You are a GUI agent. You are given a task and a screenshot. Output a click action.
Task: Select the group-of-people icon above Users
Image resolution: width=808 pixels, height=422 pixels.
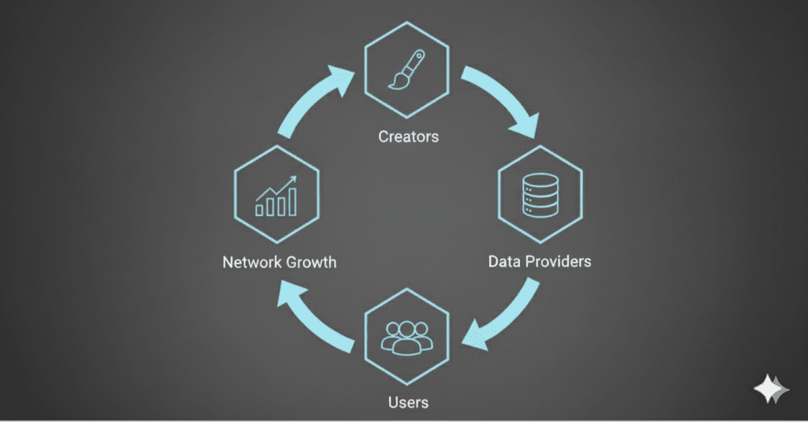point(406,334)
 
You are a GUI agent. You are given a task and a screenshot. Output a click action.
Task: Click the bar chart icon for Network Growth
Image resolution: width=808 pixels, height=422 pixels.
point(276,197)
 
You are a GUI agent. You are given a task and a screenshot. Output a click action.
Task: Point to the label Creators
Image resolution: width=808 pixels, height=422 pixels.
point(408,136)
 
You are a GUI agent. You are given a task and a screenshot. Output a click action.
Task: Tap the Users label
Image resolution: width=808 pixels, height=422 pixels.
point(408,402)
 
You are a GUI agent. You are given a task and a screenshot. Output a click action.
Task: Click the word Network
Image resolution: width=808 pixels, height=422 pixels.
point(251,261)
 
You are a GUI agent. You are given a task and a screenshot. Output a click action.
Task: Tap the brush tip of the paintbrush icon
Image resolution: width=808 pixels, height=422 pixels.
point(396,80)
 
